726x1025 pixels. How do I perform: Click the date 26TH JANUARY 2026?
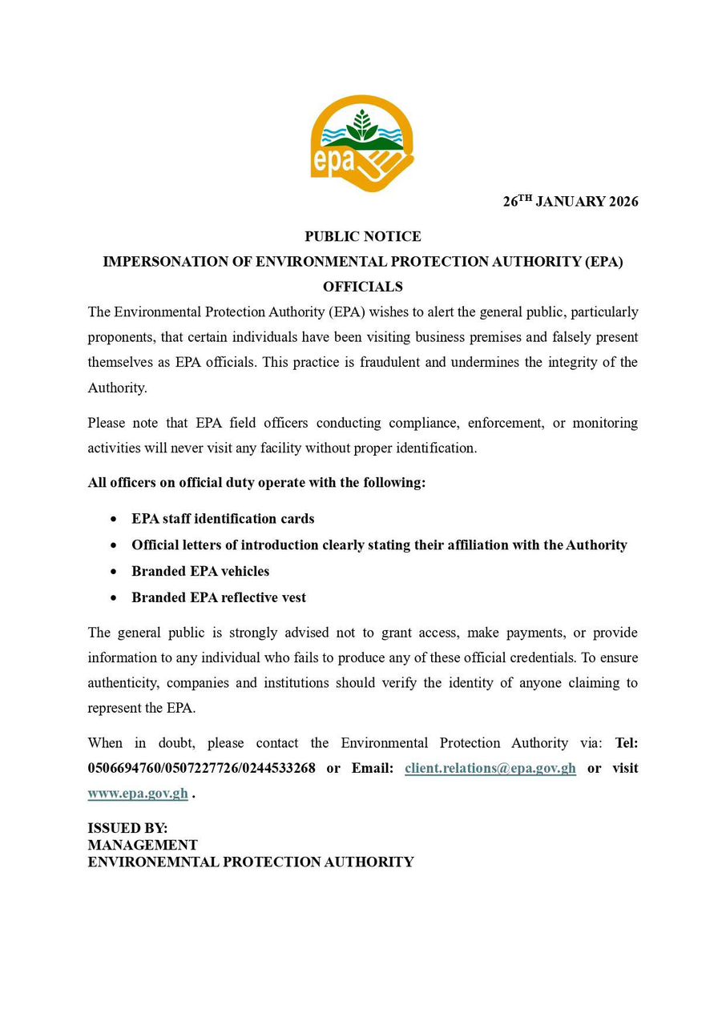click(571, 202)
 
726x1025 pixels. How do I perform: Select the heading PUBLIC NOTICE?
click(363, 237)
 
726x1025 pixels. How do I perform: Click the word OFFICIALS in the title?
click(363, 287)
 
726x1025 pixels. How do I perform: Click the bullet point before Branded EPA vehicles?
click(115, 572)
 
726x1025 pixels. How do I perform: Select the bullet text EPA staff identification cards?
click(223, 519)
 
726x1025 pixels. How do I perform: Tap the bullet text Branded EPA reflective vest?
click(219, 597)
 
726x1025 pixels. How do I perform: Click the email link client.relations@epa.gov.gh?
click(490, 768)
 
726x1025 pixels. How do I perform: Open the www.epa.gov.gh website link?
click(138, 794)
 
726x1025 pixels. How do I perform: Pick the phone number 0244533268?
click(276, 768)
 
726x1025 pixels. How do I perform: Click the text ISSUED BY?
click(127, 829)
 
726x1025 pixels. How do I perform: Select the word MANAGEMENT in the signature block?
click(143, 845)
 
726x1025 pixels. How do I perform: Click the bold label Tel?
click(626, 743)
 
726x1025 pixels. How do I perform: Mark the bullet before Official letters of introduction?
click(115, 545)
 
